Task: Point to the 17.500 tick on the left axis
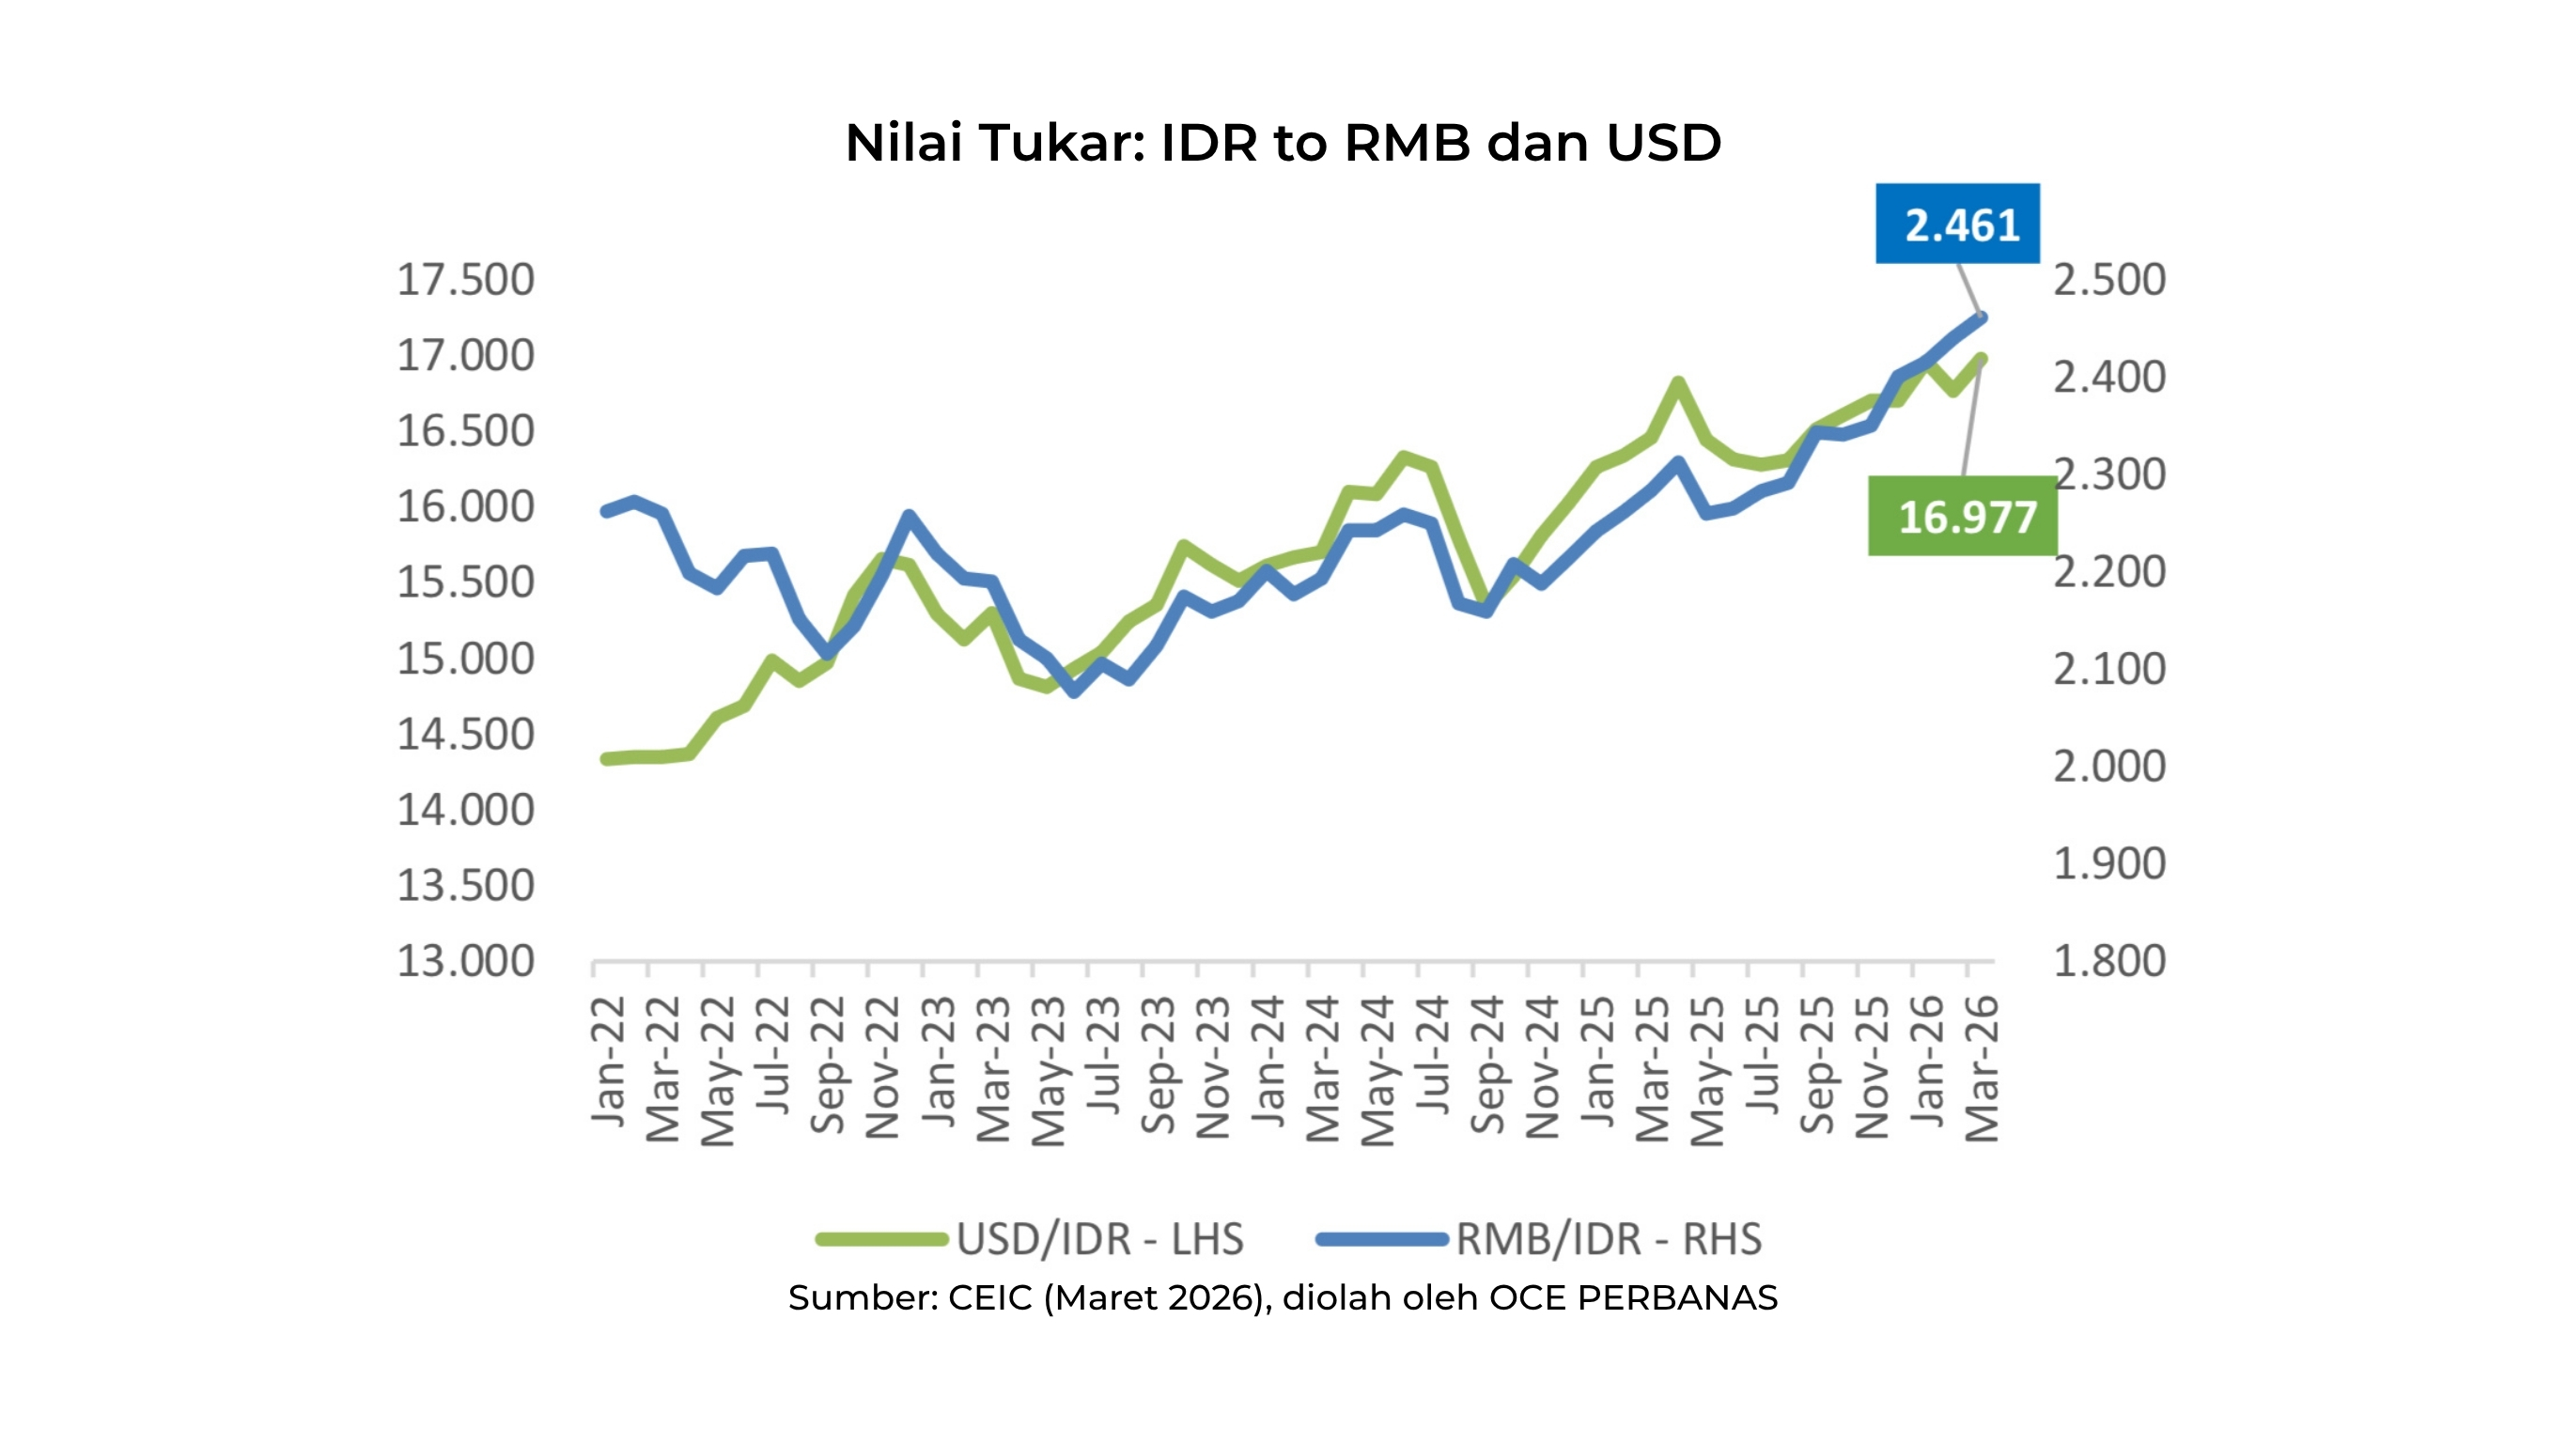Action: click(x=465, y=280)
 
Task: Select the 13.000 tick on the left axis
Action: click(x=465, y=962)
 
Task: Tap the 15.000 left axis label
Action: click(x=465, y=659)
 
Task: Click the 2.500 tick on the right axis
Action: click(x=2108, y=280)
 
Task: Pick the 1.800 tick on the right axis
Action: click(x=2108, y=962)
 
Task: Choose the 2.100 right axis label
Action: click(x=2108, y=669)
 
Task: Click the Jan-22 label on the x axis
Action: click(x=609, y=1062)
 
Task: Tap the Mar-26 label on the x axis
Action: click(x=1981, y=1068)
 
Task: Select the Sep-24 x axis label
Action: click(x=1487, y=1064)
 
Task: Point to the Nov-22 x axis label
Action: click(x=883, y=1066)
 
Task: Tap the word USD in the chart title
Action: click(x=1664, y=143)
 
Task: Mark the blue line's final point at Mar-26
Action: click(x=1981, y=318)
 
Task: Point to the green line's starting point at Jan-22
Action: click(x=606, y=759)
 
